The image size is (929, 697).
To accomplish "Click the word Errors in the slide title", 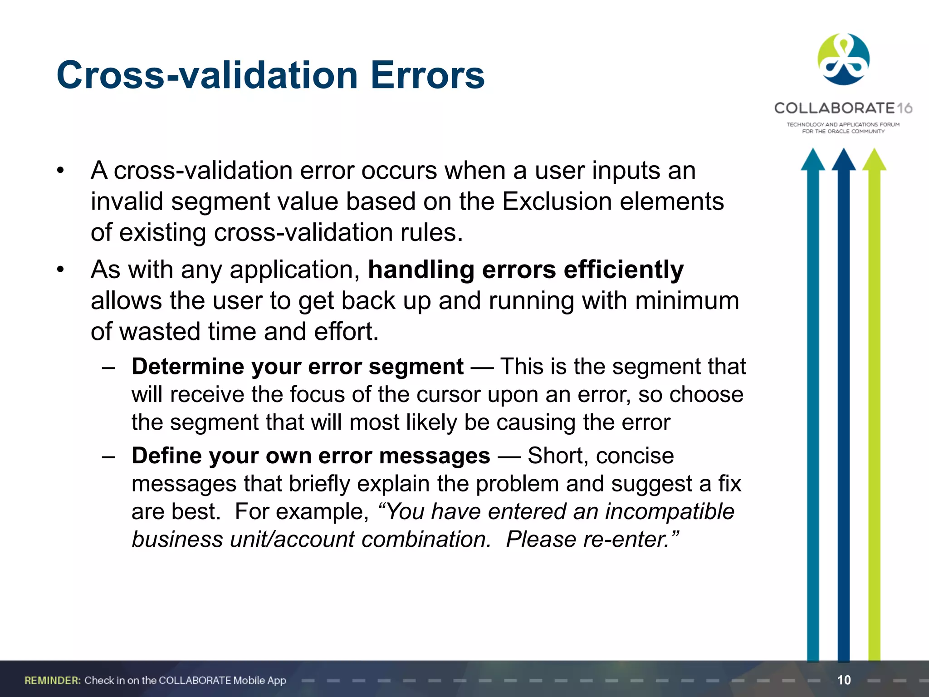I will (428, 75).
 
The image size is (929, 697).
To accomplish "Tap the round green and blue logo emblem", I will (843, 59).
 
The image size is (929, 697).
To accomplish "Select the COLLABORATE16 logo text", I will (843, 108).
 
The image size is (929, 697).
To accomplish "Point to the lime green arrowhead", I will (874, 160).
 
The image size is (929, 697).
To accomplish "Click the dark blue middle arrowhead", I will (844, 160).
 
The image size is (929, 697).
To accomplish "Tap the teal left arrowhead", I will (813, 160).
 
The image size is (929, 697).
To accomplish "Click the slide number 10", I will (844, 680).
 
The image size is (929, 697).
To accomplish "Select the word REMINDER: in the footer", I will (53, 680).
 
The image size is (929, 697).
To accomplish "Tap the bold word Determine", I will (187, 366).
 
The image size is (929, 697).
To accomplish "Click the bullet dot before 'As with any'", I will (61, 270).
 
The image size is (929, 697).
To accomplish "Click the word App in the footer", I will (276, 680).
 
